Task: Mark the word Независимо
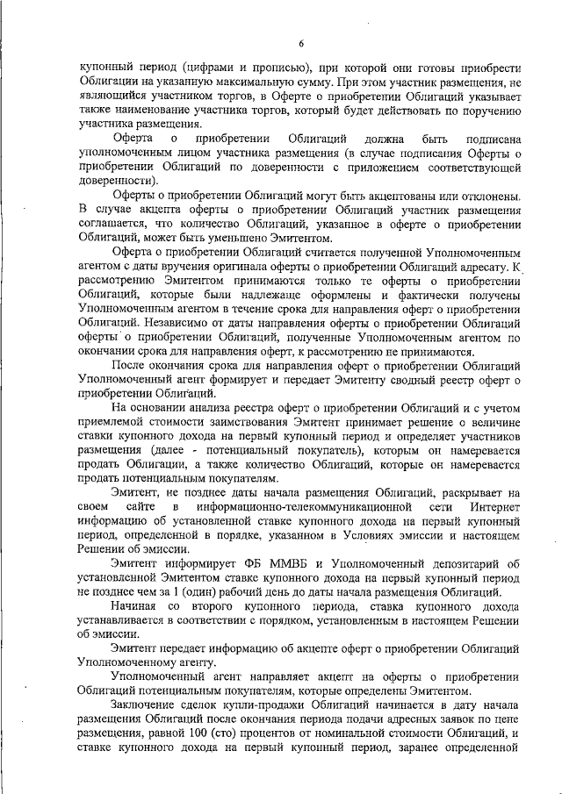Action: click(x=164, y=323)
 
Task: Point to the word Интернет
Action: click(x=494, y=507)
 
